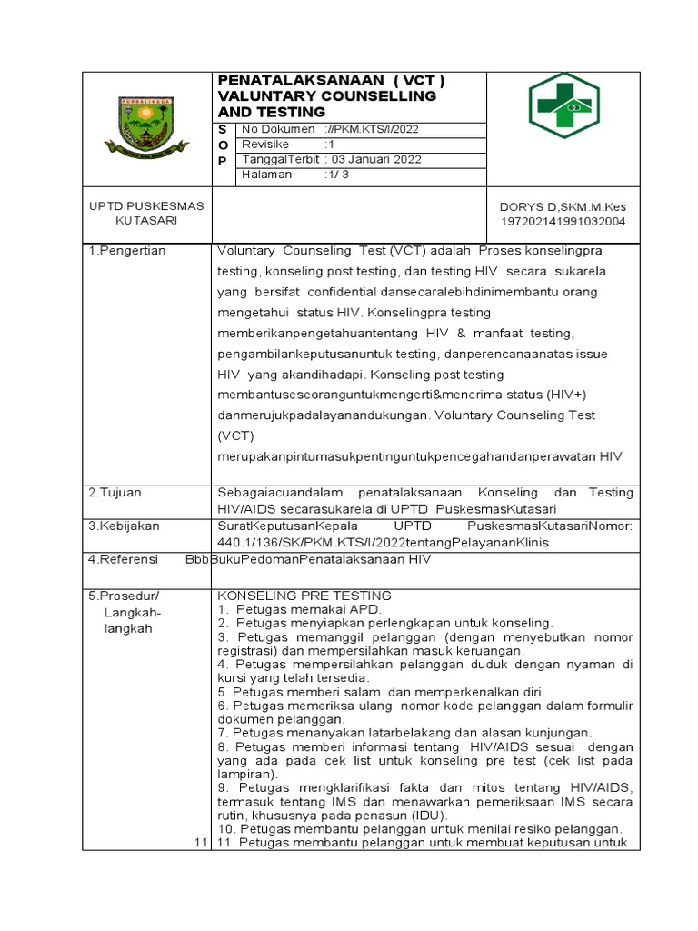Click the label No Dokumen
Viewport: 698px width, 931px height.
click(x=274, y=129)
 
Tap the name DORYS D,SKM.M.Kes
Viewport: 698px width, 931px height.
click(x=557, y=206)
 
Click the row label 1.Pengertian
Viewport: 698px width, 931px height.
click(x=126, y=251)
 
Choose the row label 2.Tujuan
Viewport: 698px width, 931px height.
click(x=115, y=492)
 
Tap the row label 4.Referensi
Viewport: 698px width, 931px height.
click(x=124, y=559)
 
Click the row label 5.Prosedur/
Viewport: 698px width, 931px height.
click(x=124, y=596)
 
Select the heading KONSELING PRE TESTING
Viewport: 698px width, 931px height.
click(x=304, y=596)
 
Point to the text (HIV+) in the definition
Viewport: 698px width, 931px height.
click(x=569, y=395)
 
